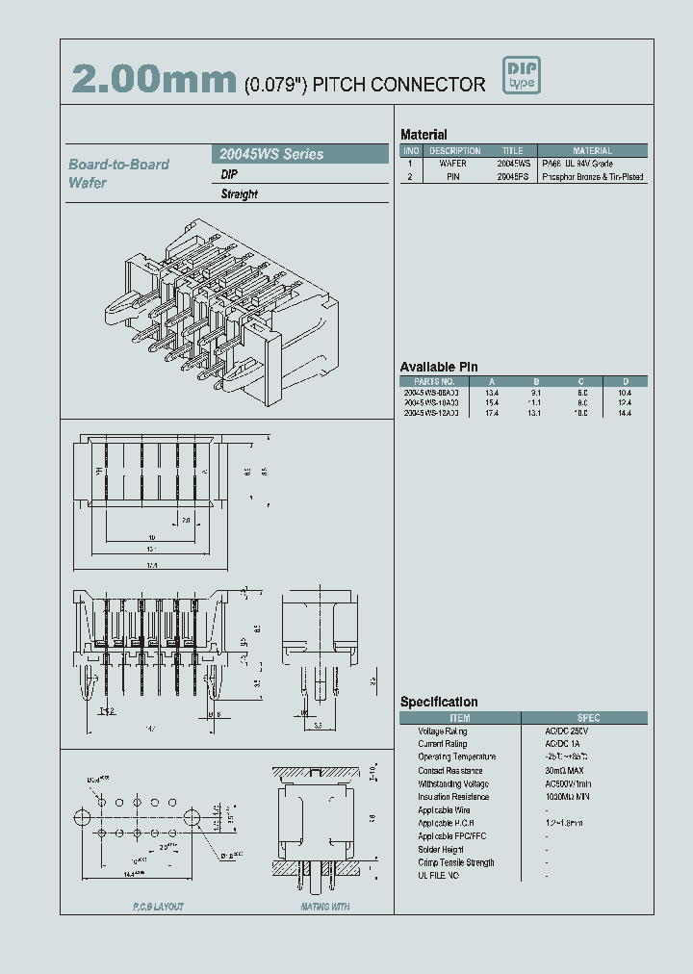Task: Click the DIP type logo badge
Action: coord(523,76)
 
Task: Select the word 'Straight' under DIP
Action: coord(240,194)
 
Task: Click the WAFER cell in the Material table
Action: coord(453,165)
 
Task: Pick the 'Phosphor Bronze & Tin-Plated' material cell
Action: coord(593,178)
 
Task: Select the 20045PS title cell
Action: coord(513,178)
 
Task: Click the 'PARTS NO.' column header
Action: coord(429,381)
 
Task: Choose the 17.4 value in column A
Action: coord(492,413)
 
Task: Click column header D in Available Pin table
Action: coord(625,381)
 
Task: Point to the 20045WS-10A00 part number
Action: coord(430,403)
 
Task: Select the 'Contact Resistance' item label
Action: coord(444,771)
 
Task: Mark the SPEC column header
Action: coord(588,718)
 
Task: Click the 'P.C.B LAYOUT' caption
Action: coord(157,907)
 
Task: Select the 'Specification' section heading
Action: coord(439,703)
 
